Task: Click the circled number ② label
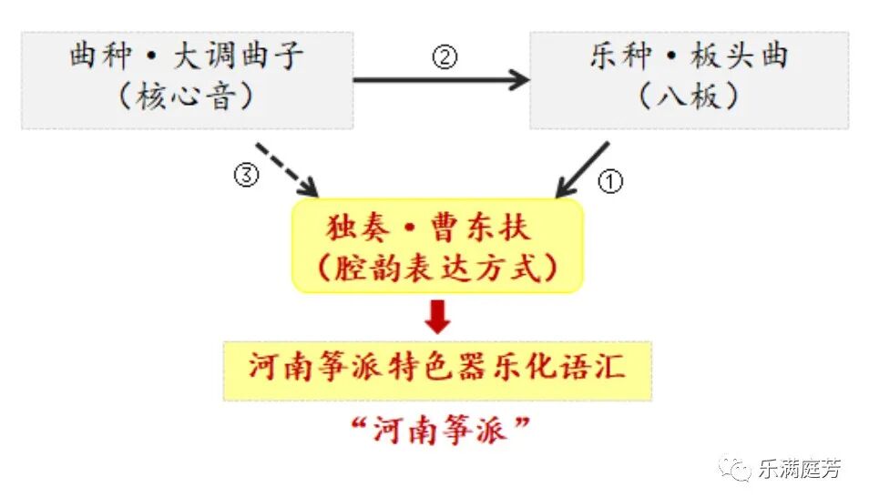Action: pos(445,58)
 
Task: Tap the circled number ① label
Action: pos(609,181)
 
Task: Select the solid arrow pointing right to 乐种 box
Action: pos(441,80)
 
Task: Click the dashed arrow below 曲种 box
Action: pos(286,169)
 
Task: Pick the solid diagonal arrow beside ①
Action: pos(582,169)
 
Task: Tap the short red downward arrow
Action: pos(438,316)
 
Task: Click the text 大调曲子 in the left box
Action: pos(239,56)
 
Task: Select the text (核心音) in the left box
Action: pos(186,96)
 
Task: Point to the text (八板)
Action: pos(689,96)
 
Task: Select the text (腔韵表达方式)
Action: pos(437,268)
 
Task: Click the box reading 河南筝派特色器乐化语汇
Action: pos(437,370)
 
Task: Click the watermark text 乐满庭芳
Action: pos(799,469)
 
